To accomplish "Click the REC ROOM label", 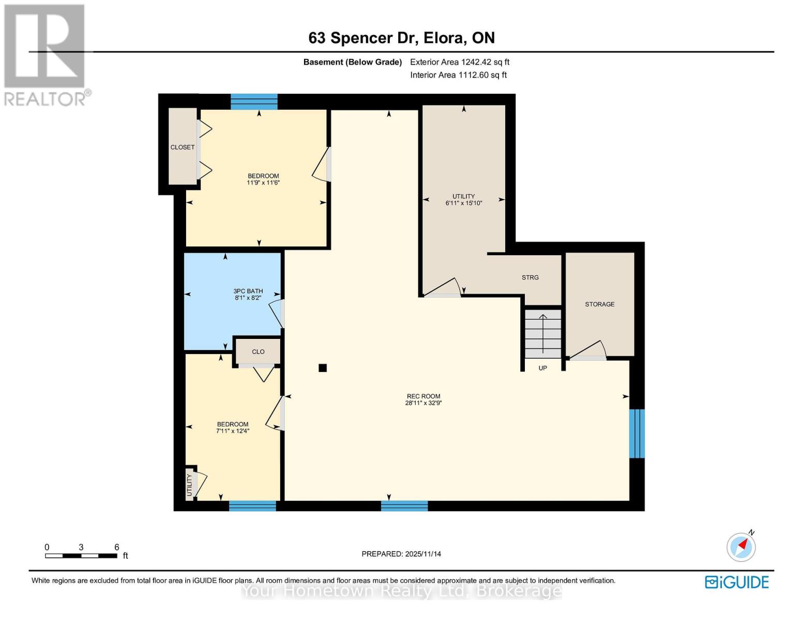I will tap(423, 396).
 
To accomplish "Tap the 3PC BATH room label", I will tap(248, 291).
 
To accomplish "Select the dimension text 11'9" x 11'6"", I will tap(263, 183).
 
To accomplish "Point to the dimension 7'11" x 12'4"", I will tap(233, 431).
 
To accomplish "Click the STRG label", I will tap(530, 277).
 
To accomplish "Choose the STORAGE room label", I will tap(600, 304).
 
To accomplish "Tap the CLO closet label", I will tap(258, 352).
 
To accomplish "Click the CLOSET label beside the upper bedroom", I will tap(183, 147).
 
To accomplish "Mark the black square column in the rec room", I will tap(323, 368).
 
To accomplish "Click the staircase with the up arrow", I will tap(543, 334).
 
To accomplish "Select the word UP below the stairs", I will tap(543, 368).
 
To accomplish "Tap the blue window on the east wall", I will tap(637, 433).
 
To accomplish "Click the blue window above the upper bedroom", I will tap(254, 101).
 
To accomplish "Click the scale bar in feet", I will tap(81, 556).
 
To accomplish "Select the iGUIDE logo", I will tap(737, 582).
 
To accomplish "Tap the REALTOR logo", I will tap(45, 54).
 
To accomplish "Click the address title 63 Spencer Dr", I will tap(401, 38).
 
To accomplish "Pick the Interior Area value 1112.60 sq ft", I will tap(482, 75).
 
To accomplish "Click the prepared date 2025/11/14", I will tap(423, 554).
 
